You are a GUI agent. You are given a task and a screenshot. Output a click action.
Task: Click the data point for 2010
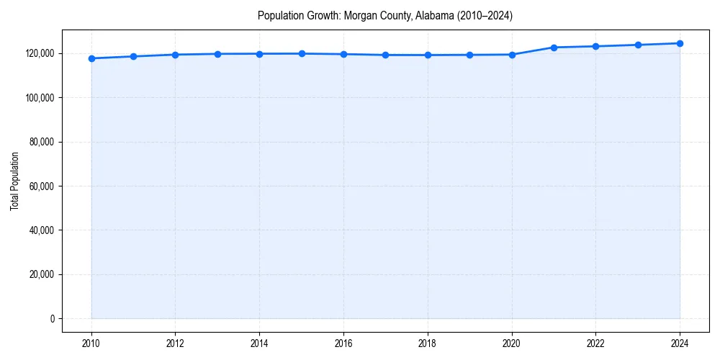pyautogui.click(x=91, y=58)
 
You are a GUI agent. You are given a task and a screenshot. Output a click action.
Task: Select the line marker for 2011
pyautogui.click(x=133, y=56)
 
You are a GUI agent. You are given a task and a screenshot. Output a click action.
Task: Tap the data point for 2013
pyautogui.click(x=217, y=54)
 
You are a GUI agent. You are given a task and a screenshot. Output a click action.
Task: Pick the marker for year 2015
pyautogui.click(x=302, y=53)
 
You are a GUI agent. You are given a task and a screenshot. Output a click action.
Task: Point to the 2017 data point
pyautogui.click(x=385, y=55)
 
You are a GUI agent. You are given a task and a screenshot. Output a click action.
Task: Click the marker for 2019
pyautogui.click(x=469, y=55)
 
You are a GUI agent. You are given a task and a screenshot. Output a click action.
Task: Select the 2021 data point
pyautogui.click(x=554, y=48)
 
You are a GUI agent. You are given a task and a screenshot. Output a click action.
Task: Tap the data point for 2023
pyautogui.click(x=638, y=45)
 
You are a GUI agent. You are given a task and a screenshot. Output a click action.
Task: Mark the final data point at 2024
pyautogui.click(x=680, y=43)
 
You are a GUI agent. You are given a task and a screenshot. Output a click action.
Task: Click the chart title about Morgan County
pyautogui.click(x=385, y=16)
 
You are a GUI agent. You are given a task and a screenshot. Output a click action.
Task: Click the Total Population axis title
pyautogui.click(x=14, y=181)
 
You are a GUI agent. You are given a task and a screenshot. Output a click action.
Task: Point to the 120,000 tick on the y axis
pyautogui.click(x=40, y=53)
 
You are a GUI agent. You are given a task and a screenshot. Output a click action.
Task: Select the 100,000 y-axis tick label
pyautogui.click(x=40, y=97)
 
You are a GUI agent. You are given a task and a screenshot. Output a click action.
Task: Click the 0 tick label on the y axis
pyautogui.click(x=53, y=318)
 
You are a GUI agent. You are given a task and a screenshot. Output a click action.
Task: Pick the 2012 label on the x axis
pyautogui.click(x=175, y=343)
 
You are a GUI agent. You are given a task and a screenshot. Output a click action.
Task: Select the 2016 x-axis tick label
pyautogui.click(x=343, y=343)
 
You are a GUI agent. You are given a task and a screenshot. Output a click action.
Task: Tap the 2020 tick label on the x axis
pyautogui.click(x=511, y=343)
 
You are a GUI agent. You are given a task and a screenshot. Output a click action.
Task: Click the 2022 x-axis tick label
pyautogui.click(x=595, y=343)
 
